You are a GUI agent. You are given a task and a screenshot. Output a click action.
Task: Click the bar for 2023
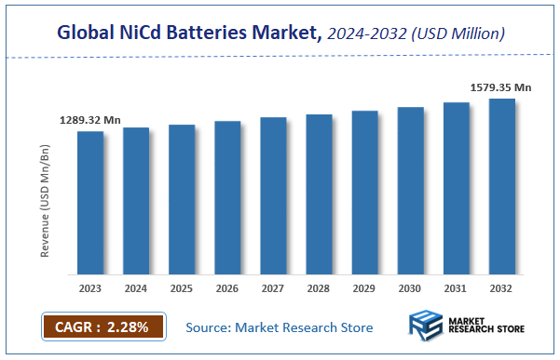pos(90,203)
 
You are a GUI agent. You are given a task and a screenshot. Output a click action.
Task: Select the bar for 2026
pos(227,198)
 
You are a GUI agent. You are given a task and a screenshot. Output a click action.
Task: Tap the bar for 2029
pos(364,193)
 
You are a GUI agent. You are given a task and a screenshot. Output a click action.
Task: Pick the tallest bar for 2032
pos(502,186)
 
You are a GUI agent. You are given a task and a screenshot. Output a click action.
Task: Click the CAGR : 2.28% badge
pos(102,327)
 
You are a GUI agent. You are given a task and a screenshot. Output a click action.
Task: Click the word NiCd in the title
pos(139,34)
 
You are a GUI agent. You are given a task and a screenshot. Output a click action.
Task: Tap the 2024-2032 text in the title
pos(362,34)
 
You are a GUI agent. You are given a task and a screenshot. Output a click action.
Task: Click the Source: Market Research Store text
pos(280,327)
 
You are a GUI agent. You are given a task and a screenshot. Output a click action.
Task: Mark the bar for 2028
pos(319,194)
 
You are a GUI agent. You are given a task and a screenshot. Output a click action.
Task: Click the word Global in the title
pos(84,34)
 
